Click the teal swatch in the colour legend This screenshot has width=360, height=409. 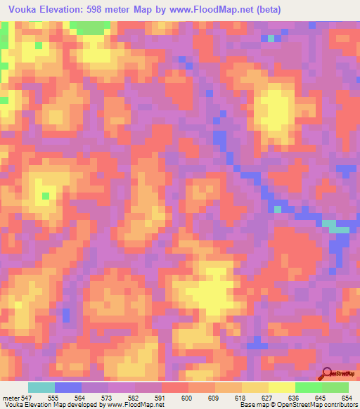click(41, 387)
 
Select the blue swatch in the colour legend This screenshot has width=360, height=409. click(68, 387)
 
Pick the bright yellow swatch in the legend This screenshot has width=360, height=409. click(281, 387)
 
